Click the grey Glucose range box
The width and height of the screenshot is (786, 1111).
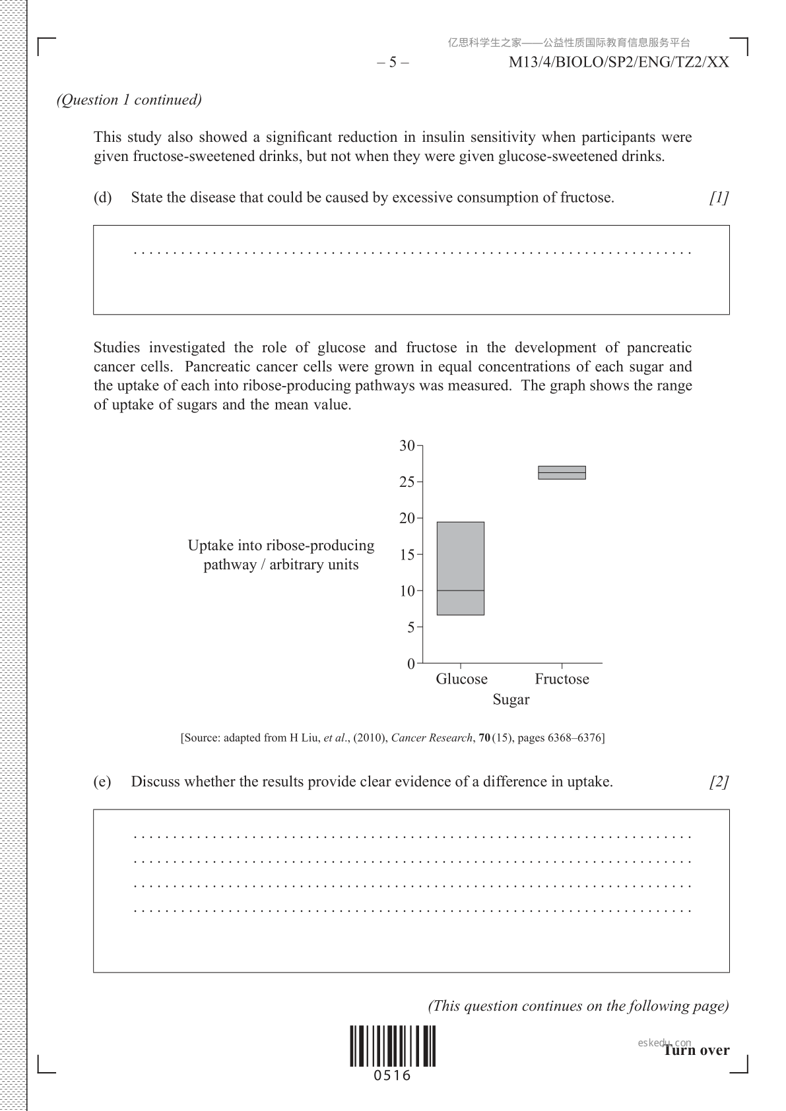tap(461, 568)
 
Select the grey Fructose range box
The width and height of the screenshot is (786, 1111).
tap(562, 472)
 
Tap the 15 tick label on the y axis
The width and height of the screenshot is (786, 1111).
tap(407, 555)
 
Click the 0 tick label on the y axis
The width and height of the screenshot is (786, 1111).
tap(411, 664)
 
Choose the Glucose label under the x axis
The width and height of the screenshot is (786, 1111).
tap(461, 679)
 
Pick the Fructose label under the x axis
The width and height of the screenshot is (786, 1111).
tap(562, 679)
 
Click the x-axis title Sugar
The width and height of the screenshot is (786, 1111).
tap(511, 699)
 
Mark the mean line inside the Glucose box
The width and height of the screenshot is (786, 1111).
tap(461, 590)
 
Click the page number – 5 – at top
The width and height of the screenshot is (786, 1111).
tap(393, 63)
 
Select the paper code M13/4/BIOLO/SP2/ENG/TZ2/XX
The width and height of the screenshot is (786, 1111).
tap(619, 63)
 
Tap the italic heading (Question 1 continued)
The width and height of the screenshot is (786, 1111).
tap(129, 100)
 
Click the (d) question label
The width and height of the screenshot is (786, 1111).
tap(102, 197)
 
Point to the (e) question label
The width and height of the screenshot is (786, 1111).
tap(102, 782)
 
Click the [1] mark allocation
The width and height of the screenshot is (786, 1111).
tap(719, 197)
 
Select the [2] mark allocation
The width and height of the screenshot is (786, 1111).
tap(719, 782)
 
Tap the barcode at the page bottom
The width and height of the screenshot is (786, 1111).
tap(393, 1046)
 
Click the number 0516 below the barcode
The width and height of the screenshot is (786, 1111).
tap(393, 1076)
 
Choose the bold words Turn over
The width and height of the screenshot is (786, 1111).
tap(696, 1050)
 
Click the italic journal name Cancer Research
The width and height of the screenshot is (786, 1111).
tap(432, 738)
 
